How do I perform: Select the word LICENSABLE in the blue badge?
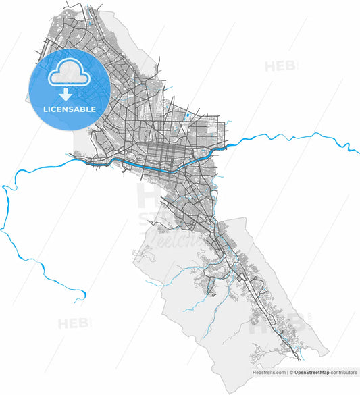[x=69, y=109]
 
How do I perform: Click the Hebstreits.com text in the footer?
[x=268, y=372]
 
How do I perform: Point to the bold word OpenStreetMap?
[x=315, y=372]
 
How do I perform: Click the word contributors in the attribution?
[x=344, y=372]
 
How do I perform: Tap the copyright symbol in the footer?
[x=292, y=372]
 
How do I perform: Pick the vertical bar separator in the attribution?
[x=287, y=372]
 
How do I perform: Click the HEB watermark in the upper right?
[x=280, y=66]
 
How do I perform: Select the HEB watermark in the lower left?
[x=73, y=323]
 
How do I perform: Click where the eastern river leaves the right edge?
[x=358, y=150]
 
